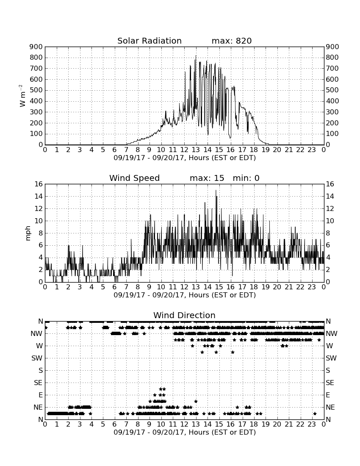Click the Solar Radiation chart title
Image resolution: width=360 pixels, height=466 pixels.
(150, 41)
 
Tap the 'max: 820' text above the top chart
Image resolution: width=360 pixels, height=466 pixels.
(232, 41)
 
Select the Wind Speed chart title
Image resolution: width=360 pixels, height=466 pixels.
(135, 178)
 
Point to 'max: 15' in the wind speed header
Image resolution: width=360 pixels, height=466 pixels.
(207, 178)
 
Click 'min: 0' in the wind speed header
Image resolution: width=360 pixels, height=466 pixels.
(246, 178)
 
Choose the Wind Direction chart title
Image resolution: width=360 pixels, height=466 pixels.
(184, 315)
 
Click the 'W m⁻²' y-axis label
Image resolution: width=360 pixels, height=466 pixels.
(22, 96)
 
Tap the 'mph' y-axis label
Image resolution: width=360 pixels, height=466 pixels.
(28, 233)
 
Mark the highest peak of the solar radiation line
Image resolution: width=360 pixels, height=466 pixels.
(196, 55)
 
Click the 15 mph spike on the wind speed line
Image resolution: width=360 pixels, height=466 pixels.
(216, 191)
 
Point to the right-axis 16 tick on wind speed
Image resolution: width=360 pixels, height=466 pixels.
(330, 184)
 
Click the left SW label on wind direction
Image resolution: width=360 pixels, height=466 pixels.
(37, 358)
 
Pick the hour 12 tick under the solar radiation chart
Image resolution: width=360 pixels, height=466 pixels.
(184, 150)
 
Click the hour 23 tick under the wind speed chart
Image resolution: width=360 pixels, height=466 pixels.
(312, 287)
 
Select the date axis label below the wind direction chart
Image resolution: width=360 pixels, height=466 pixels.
(185, 432)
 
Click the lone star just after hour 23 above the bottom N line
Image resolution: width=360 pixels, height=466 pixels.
(315, 413)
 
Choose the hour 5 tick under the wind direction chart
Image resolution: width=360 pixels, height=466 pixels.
(103, 424)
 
